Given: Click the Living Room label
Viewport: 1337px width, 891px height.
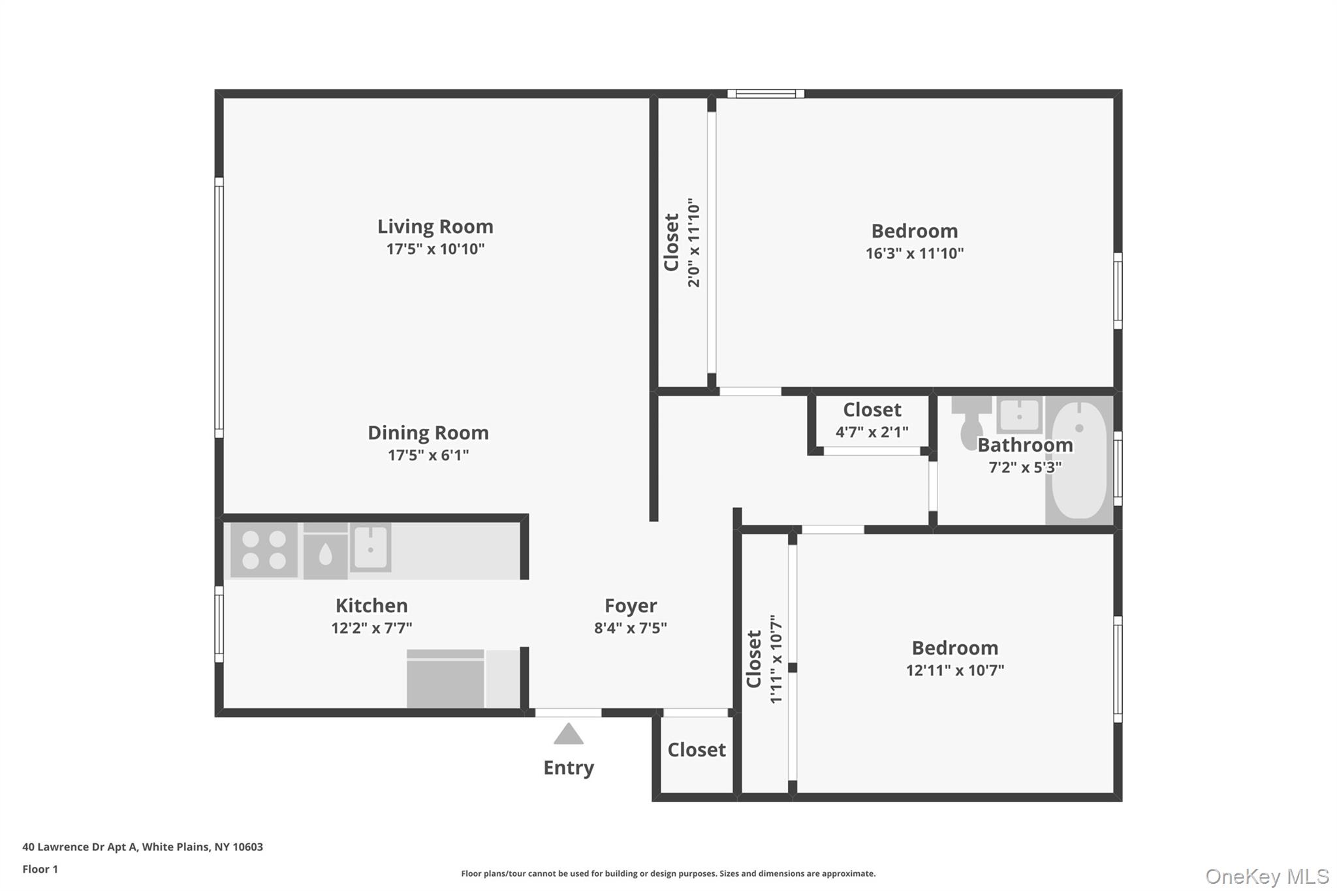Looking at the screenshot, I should pos(435,227).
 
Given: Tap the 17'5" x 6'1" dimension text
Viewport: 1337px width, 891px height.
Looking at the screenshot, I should pos(428,455).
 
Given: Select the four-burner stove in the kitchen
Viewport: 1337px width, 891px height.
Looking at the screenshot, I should pos(264,550).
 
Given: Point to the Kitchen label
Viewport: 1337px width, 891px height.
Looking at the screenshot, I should pos(371,605).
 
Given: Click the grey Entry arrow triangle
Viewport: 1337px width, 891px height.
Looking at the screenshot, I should pos(568,735).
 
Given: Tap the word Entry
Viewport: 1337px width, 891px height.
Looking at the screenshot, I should pos(568,768).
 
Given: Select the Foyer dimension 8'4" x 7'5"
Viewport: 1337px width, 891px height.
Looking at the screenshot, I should pos(630,628).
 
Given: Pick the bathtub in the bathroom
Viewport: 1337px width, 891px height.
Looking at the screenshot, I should pos(1079,460).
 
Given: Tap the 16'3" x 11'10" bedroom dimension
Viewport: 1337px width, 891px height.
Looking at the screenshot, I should pos(914,253).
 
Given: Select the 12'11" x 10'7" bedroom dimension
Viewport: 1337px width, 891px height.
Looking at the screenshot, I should pos(954,670).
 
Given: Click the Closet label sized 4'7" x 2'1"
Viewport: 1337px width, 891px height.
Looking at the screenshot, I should pos(872,410).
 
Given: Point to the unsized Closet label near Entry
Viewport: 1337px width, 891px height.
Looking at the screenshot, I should pos(696,750).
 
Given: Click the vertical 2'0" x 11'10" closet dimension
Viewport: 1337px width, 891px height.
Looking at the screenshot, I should pos(693,243).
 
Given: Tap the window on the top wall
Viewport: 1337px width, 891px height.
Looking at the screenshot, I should pos(765,94).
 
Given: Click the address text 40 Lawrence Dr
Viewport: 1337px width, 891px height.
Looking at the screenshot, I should pos(142,847).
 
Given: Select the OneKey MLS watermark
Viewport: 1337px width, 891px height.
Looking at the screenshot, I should pos(1266,876).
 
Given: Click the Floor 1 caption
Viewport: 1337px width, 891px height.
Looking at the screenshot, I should pos(40,869).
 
